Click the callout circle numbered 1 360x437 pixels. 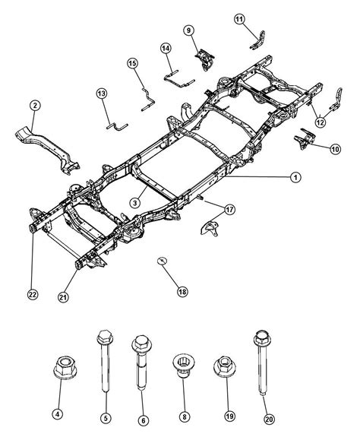[295, 177]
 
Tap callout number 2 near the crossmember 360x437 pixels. [35, 106]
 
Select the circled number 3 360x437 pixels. [135, 203]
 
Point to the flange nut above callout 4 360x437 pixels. [65, 367]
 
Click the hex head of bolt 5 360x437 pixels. [105, 337]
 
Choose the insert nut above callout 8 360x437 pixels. [184, 366]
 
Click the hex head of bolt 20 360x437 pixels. [262, 339]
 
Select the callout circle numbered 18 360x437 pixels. [182, 292]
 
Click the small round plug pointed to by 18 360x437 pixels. [162, 261]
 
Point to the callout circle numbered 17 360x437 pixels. [229, 209]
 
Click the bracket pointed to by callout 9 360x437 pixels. [205, 59]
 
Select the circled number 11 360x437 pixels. [239, 19]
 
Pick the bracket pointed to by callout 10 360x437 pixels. [305, 138]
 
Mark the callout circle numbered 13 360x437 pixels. [102, 93]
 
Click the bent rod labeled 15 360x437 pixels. [148, 100]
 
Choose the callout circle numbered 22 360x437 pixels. [33, 294]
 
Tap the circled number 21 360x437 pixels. [63, 297]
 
